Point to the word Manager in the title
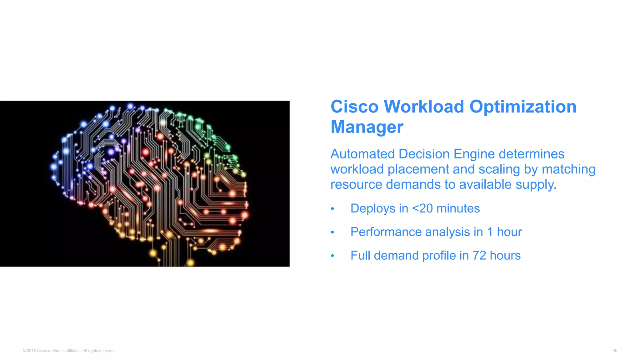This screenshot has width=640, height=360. pyautogui.click(x=367, y=127)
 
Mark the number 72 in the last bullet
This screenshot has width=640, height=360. pyautogui.click(x=479, y=255)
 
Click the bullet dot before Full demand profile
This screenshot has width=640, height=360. pyautogui.click(x=332, y=256)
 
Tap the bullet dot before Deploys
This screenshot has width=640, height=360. pyautogui.click(x=332, y=209)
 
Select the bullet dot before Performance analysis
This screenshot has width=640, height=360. pyautogui.click(x=332, y=232)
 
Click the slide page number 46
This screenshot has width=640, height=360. pyautogui.click(x=615, y=350)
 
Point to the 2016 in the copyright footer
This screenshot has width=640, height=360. pyautogui.click(x=31, y=351)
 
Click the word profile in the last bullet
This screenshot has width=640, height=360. pyautogui.click(x=439, y=256)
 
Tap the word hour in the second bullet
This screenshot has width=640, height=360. pyautogui.click(x=509, y=232)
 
